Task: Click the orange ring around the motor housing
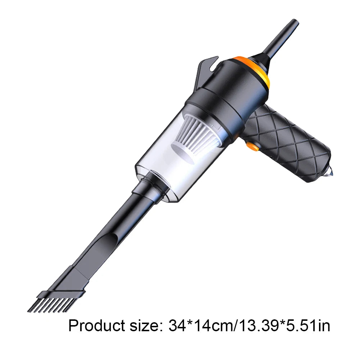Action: tap(255, 70)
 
